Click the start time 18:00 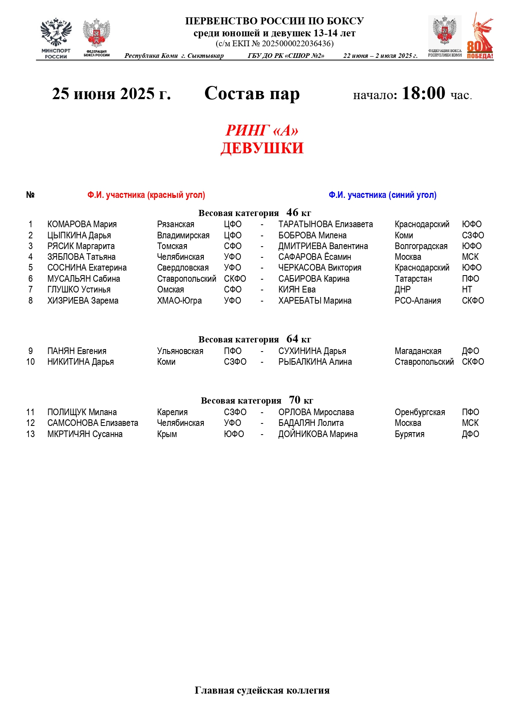tap(423, 93)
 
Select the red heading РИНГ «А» tap(262, 130)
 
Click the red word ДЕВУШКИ tap(262, 148)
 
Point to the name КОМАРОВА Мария tap(82, 224)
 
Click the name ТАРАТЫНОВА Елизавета tap(325, 224)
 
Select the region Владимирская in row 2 tap(183, 235)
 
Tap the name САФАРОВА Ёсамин tap(314, 257)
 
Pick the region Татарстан tap(413, 279)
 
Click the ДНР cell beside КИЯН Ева tap(402, 290)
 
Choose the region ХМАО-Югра tap(179, 301)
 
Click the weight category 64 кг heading tap(255, 339)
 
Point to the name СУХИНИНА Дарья tap(312, 351)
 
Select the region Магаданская tap(418, 351)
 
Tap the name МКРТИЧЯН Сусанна tap(85, 434)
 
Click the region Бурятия tap(409, 434)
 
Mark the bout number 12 tap(31, 423)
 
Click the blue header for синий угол tap(382, 195)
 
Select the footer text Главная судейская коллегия tap(262, 690)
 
